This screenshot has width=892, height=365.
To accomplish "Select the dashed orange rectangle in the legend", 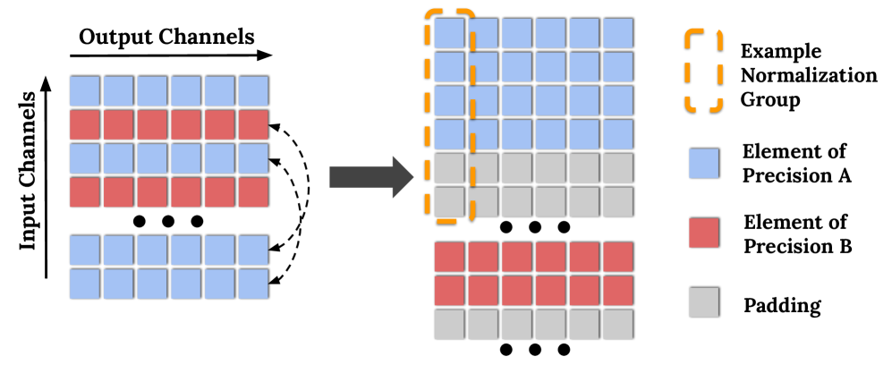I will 703,70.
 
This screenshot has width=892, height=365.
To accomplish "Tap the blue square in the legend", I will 703,164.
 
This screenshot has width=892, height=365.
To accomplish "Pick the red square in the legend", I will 703,233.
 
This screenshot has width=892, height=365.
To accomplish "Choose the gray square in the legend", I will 703,302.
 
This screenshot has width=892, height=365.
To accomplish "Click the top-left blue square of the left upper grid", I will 84,91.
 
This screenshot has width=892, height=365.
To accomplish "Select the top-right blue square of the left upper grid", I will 252,91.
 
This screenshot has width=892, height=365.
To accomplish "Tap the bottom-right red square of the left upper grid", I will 252,192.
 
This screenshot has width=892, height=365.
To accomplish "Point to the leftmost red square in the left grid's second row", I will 84,125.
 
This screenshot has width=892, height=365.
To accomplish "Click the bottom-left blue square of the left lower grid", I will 84,284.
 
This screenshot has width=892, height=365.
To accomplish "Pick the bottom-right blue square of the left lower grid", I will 252,284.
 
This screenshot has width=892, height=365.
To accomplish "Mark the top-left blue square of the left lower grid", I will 84,250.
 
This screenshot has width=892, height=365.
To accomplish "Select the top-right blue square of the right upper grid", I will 617,33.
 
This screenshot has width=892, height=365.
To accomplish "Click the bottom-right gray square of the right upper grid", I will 617,202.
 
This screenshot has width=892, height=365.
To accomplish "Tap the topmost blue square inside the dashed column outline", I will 449,33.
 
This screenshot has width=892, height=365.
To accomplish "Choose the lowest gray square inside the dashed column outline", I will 449,202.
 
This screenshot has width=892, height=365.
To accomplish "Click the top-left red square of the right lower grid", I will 449,257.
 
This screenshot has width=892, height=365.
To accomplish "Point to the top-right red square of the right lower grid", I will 617,257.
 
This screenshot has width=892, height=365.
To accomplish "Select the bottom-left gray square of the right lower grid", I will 449,324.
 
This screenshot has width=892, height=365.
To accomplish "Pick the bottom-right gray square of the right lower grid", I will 617,324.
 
